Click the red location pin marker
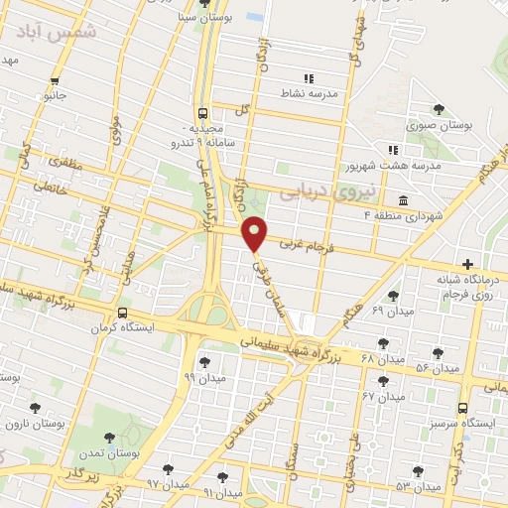coord(255,232)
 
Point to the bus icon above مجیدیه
coord(203,113)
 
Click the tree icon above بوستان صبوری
coord(440,109)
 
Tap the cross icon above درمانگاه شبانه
coord(466,263)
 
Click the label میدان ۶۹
coord(363,311)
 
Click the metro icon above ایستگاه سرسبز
coord(463,407)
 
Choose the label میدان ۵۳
coord(417,487)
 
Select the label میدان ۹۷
coord(168,483)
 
